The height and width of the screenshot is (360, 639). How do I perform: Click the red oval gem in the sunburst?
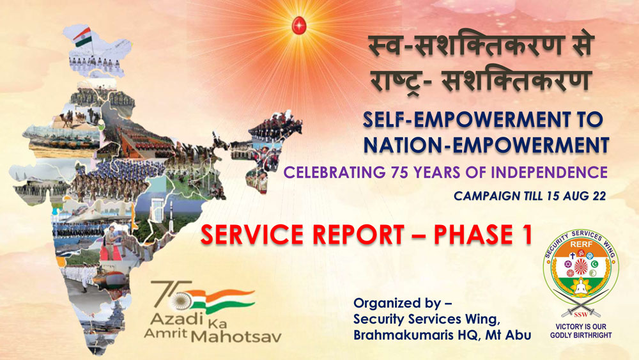coord(299,26)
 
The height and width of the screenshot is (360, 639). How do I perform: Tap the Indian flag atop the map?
coord(82,36)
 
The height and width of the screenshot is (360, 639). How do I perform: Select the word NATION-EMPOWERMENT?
coord(486,146)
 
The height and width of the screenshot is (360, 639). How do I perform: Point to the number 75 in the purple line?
coord(399,173)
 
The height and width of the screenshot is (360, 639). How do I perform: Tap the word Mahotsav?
coord(236,336)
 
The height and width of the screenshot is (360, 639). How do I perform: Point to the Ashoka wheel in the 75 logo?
coord(180,301)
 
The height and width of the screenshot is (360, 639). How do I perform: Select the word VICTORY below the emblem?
coord(567,327)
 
